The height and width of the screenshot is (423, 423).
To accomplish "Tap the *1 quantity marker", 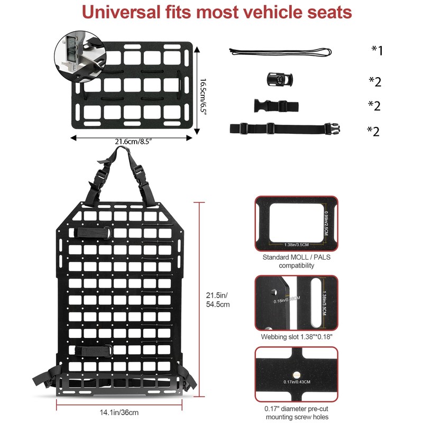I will point(376,50).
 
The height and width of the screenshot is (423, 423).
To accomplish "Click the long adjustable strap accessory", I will point(284,128).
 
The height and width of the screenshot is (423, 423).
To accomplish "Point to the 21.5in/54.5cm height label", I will point(218,299).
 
